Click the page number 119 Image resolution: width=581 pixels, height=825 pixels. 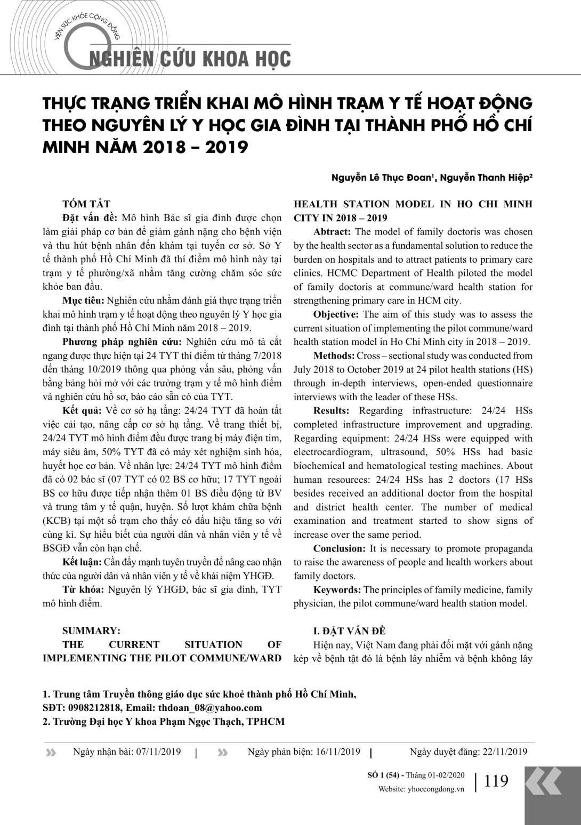pyautogui.click(x=496, y=781)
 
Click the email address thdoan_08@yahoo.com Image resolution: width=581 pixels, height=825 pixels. pyautogui.click(x=210, y=708)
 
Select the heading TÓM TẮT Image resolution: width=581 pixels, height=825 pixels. pyautogui.click(x=86, y=204)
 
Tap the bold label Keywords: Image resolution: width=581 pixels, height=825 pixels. pyautogui.click(x=337, y=590)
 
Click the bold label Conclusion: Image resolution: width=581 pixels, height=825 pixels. pyautogui.click(x=339, y=548)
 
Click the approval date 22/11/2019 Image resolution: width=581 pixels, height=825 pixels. pyautogui.click(x=505, y=752)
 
